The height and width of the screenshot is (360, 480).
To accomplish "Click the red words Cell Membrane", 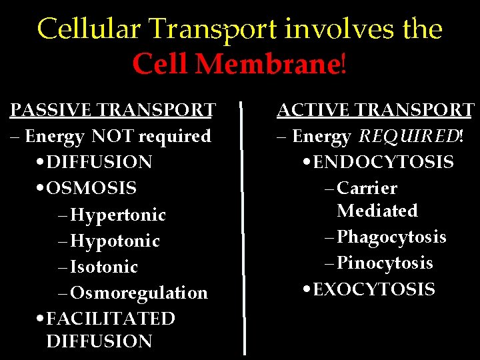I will coord(236,65).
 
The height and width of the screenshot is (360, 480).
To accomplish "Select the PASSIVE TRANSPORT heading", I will coord(113,110).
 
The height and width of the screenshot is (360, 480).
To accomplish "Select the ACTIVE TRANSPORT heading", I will coord(375,110).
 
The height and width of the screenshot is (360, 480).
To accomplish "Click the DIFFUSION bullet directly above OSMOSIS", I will coord(99,162).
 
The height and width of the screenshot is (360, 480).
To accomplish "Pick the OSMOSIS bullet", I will coord(91,188).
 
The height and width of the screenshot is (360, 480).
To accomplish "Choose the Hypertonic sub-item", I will coord(118,215).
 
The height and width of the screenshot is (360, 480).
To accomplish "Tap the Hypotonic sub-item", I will coord(115,241).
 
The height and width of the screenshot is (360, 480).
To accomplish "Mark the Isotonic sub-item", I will coord(104,267).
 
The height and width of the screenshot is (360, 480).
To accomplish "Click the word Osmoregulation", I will coord(139,293).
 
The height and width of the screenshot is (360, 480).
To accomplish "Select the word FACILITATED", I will coord(111,319).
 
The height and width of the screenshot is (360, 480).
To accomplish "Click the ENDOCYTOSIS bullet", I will coord(383,162).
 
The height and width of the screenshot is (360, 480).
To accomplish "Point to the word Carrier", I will coord(367,189).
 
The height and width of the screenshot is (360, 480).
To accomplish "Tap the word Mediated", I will coord(377,211).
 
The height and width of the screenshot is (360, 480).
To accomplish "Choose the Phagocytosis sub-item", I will coord(391,237).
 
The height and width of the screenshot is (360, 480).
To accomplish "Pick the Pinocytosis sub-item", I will coord(385,263).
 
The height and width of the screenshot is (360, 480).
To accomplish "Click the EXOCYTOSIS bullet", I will coord(373,289).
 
